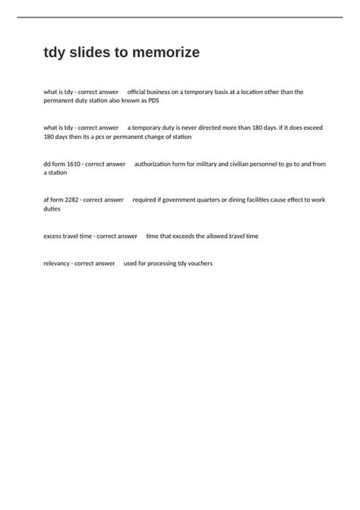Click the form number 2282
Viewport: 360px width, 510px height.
(74, 200)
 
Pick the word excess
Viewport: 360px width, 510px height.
(53, 236)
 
